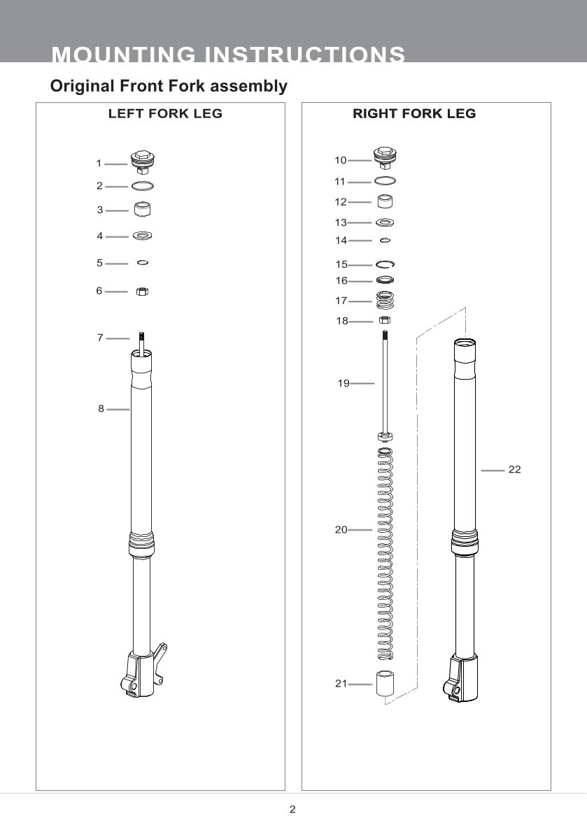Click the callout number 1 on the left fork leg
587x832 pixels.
99,164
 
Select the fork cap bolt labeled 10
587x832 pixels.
383,158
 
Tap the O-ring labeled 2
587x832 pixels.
143,186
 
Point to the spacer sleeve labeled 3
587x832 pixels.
143,209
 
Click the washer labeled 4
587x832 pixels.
143,236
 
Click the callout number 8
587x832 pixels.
101,410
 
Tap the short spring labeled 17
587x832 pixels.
384,301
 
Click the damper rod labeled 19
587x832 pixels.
385,385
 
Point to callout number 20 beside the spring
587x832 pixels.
341,530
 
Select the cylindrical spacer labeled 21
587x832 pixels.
384,683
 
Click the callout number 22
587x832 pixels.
514,471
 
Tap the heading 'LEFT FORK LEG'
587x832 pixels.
165,113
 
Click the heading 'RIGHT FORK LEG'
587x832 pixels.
414,113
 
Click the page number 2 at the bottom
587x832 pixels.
293,810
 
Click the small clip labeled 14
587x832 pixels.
384,241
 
